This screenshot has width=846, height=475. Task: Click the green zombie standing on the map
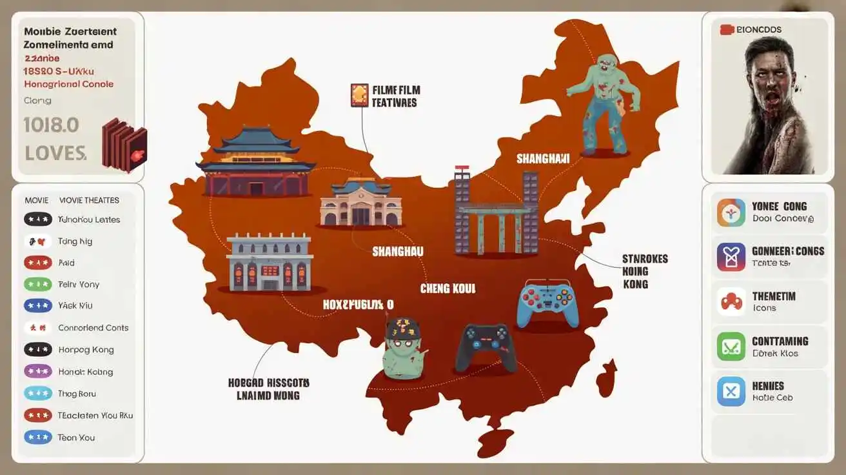(x=604, y=103)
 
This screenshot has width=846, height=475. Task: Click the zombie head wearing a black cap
(x=402, y=347)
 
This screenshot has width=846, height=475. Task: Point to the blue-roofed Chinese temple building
(x=255, y=161)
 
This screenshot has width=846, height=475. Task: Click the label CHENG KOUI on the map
(x=448, y=288)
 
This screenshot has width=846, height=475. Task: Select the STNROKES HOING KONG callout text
(x=645, y=271)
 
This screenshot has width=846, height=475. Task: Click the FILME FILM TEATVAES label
(x=395, y=96)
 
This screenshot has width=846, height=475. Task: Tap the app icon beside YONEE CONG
(x=731, y=212)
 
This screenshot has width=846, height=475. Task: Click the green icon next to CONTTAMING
(x=731, y=347)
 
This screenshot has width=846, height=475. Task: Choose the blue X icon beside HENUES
(x=731, y=391)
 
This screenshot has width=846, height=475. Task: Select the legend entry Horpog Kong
(x=86, y=350)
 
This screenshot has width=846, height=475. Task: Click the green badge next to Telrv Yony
(x=37, y=284)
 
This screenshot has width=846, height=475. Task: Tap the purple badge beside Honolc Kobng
(x=37, y=371)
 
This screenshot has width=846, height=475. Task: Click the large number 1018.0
(x=51, y=125)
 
